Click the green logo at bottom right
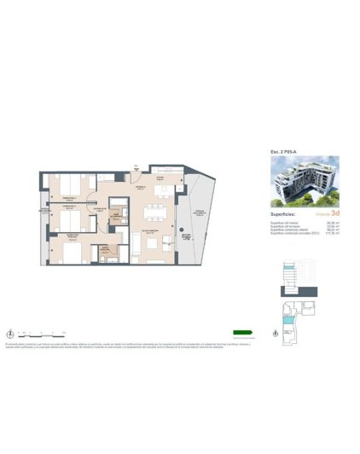(x=243, y=333)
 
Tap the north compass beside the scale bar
(x=9, y=333)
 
